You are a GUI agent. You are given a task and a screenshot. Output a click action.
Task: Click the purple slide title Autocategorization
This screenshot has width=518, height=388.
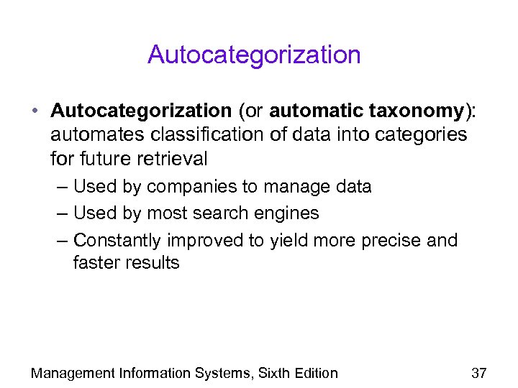point(254,55)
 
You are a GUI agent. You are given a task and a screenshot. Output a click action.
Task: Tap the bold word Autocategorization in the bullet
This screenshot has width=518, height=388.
point(140,111)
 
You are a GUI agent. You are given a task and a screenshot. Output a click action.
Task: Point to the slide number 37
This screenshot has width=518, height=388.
point(479,373)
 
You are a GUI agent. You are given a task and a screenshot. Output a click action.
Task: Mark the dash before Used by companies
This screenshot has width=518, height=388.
point(62,188)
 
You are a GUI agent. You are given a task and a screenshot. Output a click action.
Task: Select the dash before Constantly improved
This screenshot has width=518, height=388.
point(62,240)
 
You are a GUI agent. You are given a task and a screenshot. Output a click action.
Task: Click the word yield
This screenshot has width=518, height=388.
point(288,240)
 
